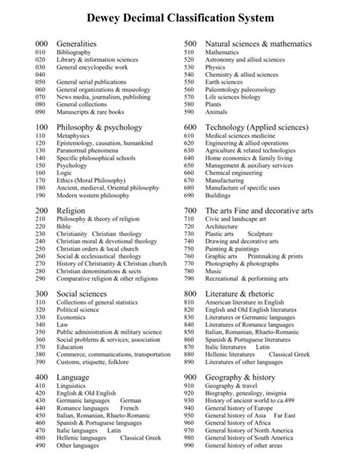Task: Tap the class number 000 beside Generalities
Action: (x=42, y=44)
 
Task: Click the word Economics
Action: (x=73, y=316)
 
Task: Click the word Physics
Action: (x=216, y=67)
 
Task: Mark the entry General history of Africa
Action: (x=244, y=423)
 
